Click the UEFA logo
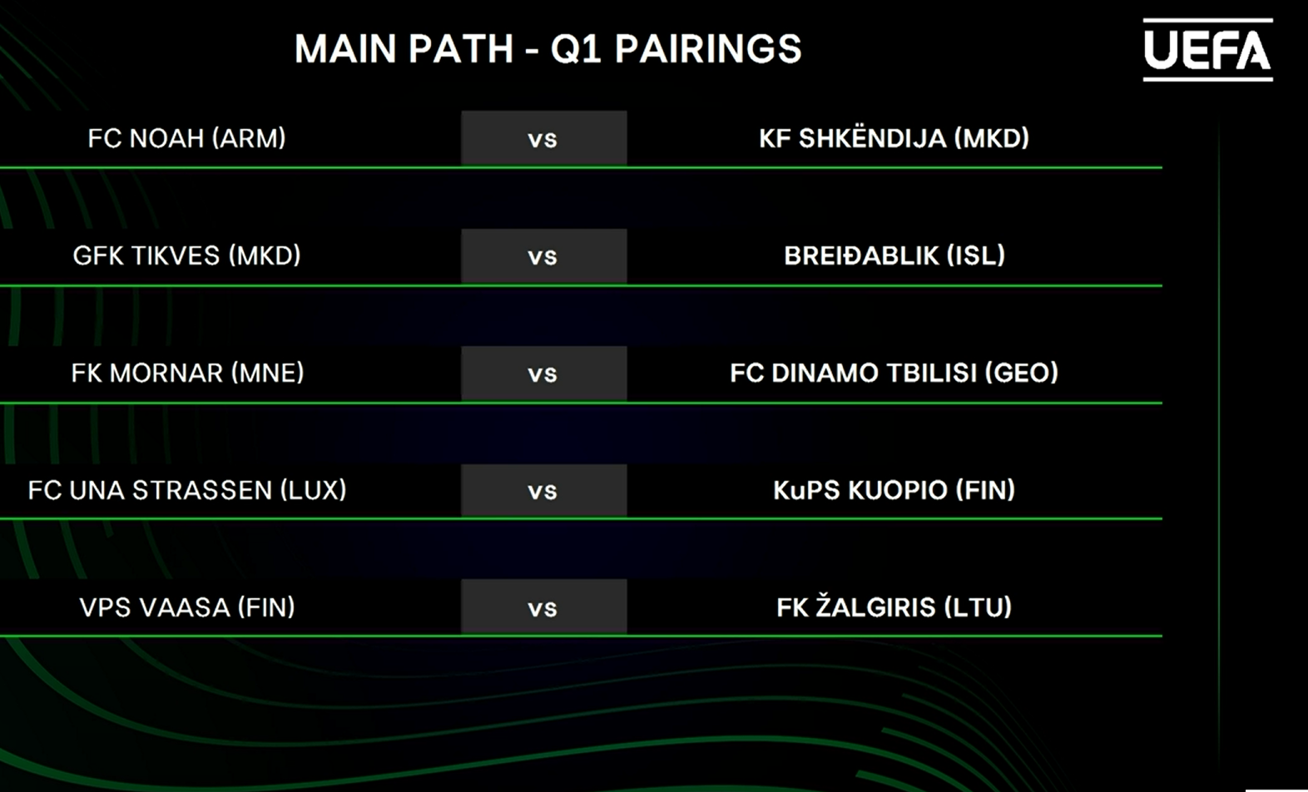[1207, 50]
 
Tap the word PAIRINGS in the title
[708, 48]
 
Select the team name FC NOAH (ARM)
[187, 138]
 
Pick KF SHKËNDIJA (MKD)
[894, 138]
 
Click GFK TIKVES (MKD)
[187, 255]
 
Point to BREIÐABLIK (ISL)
[894, 255]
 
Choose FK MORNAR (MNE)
[187, 373]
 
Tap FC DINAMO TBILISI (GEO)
[894, 373]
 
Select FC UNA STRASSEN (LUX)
[187, 490]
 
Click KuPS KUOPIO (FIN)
[894, 490]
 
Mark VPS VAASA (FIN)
[187, 607]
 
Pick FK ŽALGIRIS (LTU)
[894, 606]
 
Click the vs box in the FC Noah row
[543, 138]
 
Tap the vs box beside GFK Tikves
[543, 256]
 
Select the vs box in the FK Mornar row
[543, 374]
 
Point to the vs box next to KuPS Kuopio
[543, 490]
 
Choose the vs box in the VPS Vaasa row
[543, 607]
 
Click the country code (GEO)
[1022, 373]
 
